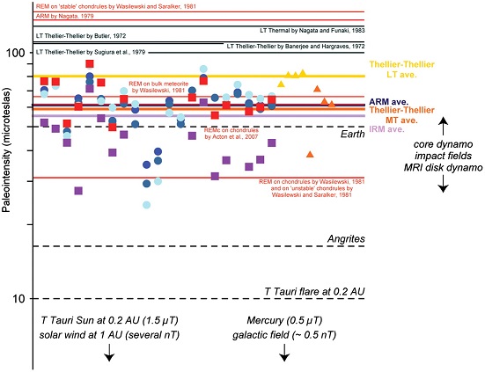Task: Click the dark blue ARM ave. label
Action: (422, 103)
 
